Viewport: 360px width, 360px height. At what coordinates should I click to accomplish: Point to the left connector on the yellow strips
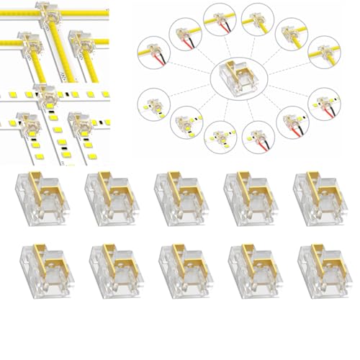pyautogui.click(x=30, y=45)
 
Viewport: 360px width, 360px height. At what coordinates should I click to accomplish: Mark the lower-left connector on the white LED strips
pyautogui.click(x=30, y=124)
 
